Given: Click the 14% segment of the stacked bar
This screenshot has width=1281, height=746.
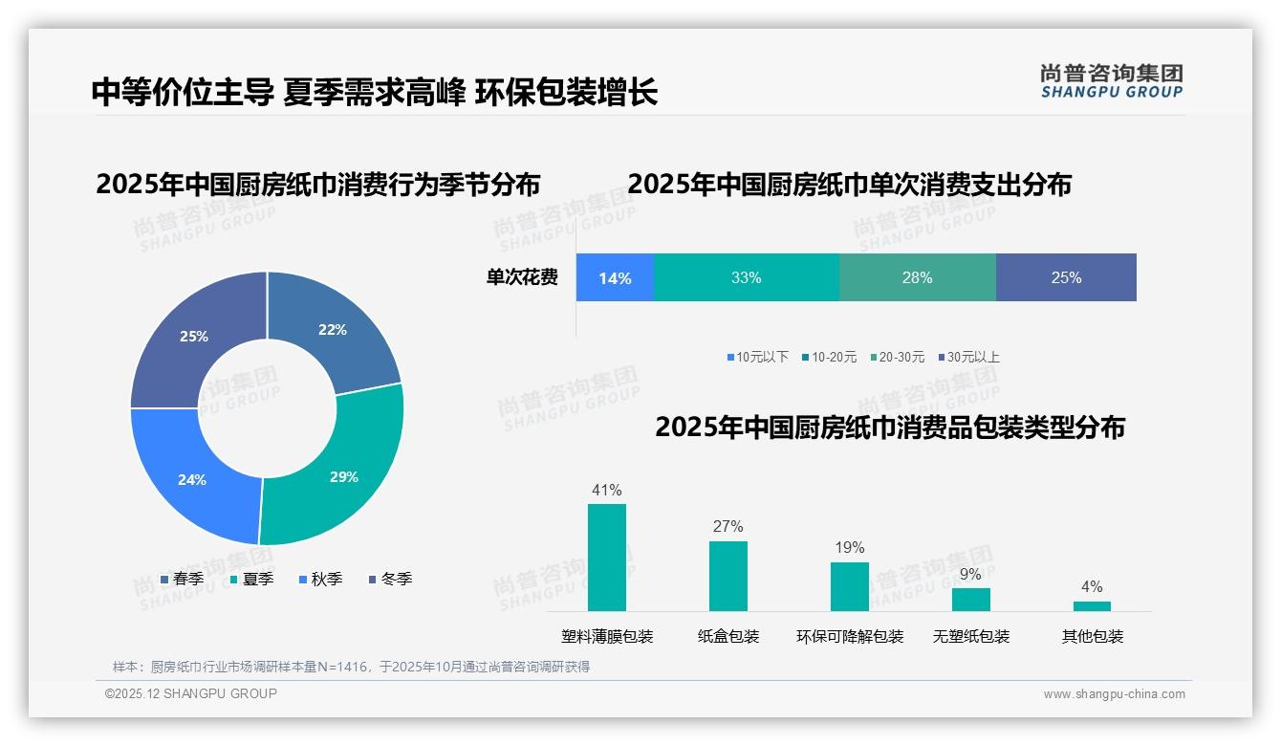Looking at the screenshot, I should [615, 278].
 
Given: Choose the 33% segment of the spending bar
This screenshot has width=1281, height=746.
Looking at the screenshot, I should [746, 278].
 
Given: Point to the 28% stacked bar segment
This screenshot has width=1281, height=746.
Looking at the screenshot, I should [917, 278].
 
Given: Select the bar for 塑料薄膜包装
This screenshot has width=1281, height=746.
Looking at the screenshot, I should [606, 558].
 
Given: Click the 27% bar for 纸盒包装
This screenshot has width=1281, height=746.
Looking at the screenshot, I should [727, 576].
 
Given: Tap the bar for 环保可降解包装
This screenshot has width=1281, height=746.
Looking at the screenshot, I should [849, 586].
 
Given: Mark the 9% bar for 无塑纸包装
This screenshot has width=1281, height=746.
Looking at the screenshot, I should [970, 600].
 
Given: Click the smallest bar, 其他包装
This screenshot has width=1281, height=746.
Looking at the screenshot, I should [1092, 606].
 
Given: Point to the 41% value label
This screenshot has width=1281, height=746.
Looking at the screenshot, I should [606, 491].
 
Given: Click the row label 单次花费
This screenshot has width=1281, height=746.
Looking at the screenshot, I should [522, 278].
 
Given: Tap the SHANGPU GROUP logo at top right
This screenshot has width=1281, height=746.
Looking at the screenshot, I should [1111, 81].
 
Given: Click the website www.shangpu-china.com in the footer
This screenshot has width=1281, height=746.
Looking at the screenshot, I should [1114, 694].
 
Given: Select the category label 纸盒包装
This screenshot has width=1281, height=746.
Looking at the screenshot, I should [727, 637].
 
